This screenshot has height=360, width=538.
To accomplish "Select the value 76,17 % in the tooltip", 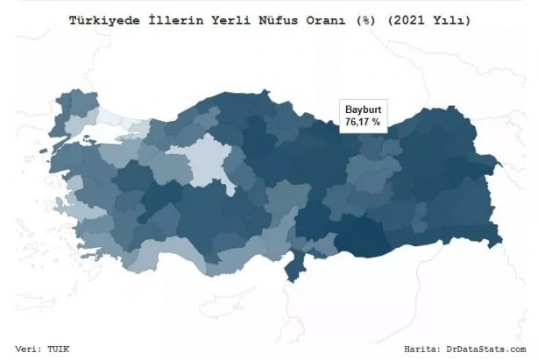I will (x=363, y=123).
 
